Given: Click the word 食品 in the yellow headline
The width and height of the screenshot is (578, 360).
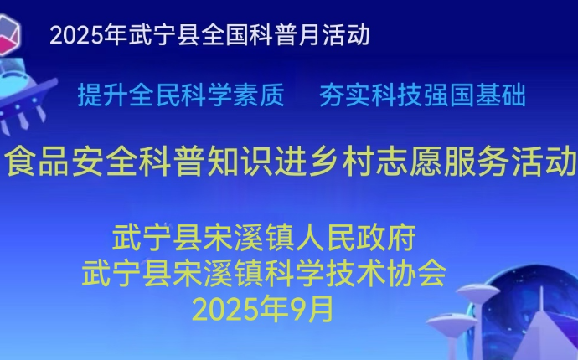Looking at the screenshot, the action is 37,161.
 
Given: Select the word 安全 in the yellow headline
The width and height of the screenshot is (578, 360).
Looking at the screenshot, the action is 105,161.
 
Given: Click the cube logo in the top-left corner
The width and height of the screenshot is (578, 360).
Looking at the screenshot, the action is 8,35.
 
